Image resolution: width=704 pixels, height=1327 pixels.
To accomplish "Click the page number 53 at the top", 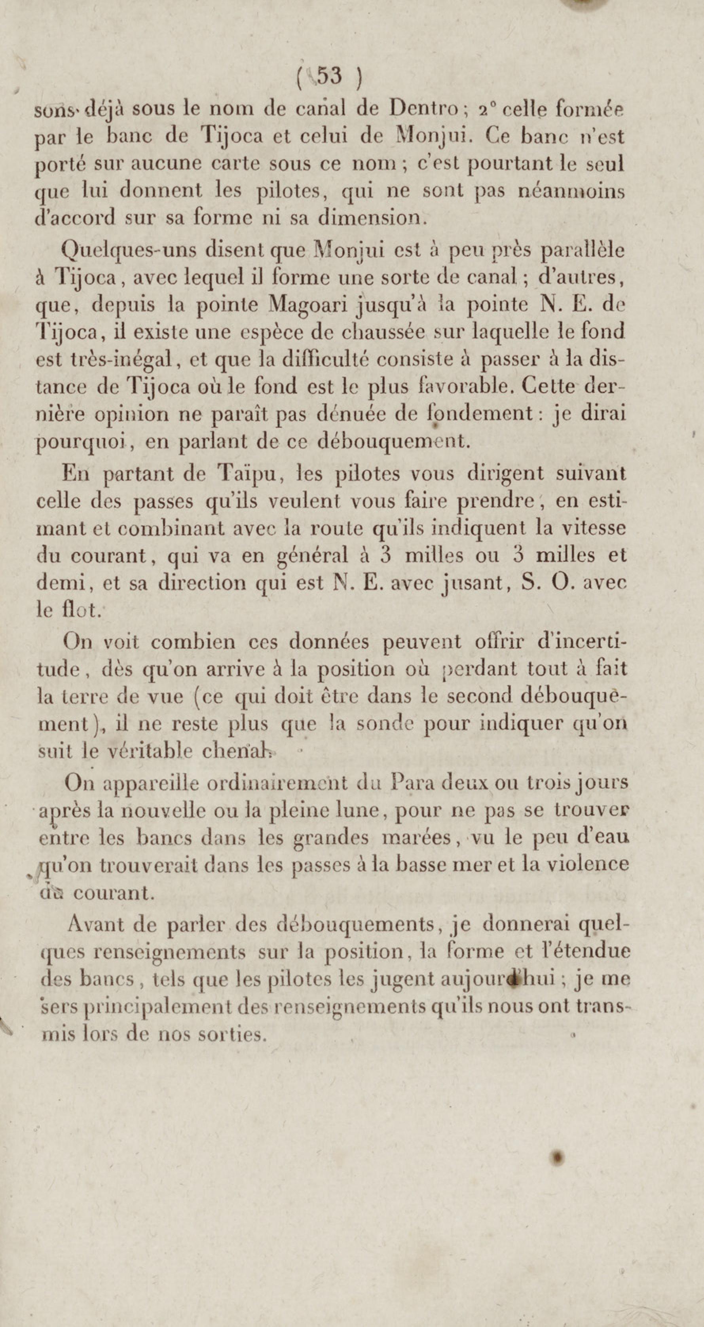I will point(330,77).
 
